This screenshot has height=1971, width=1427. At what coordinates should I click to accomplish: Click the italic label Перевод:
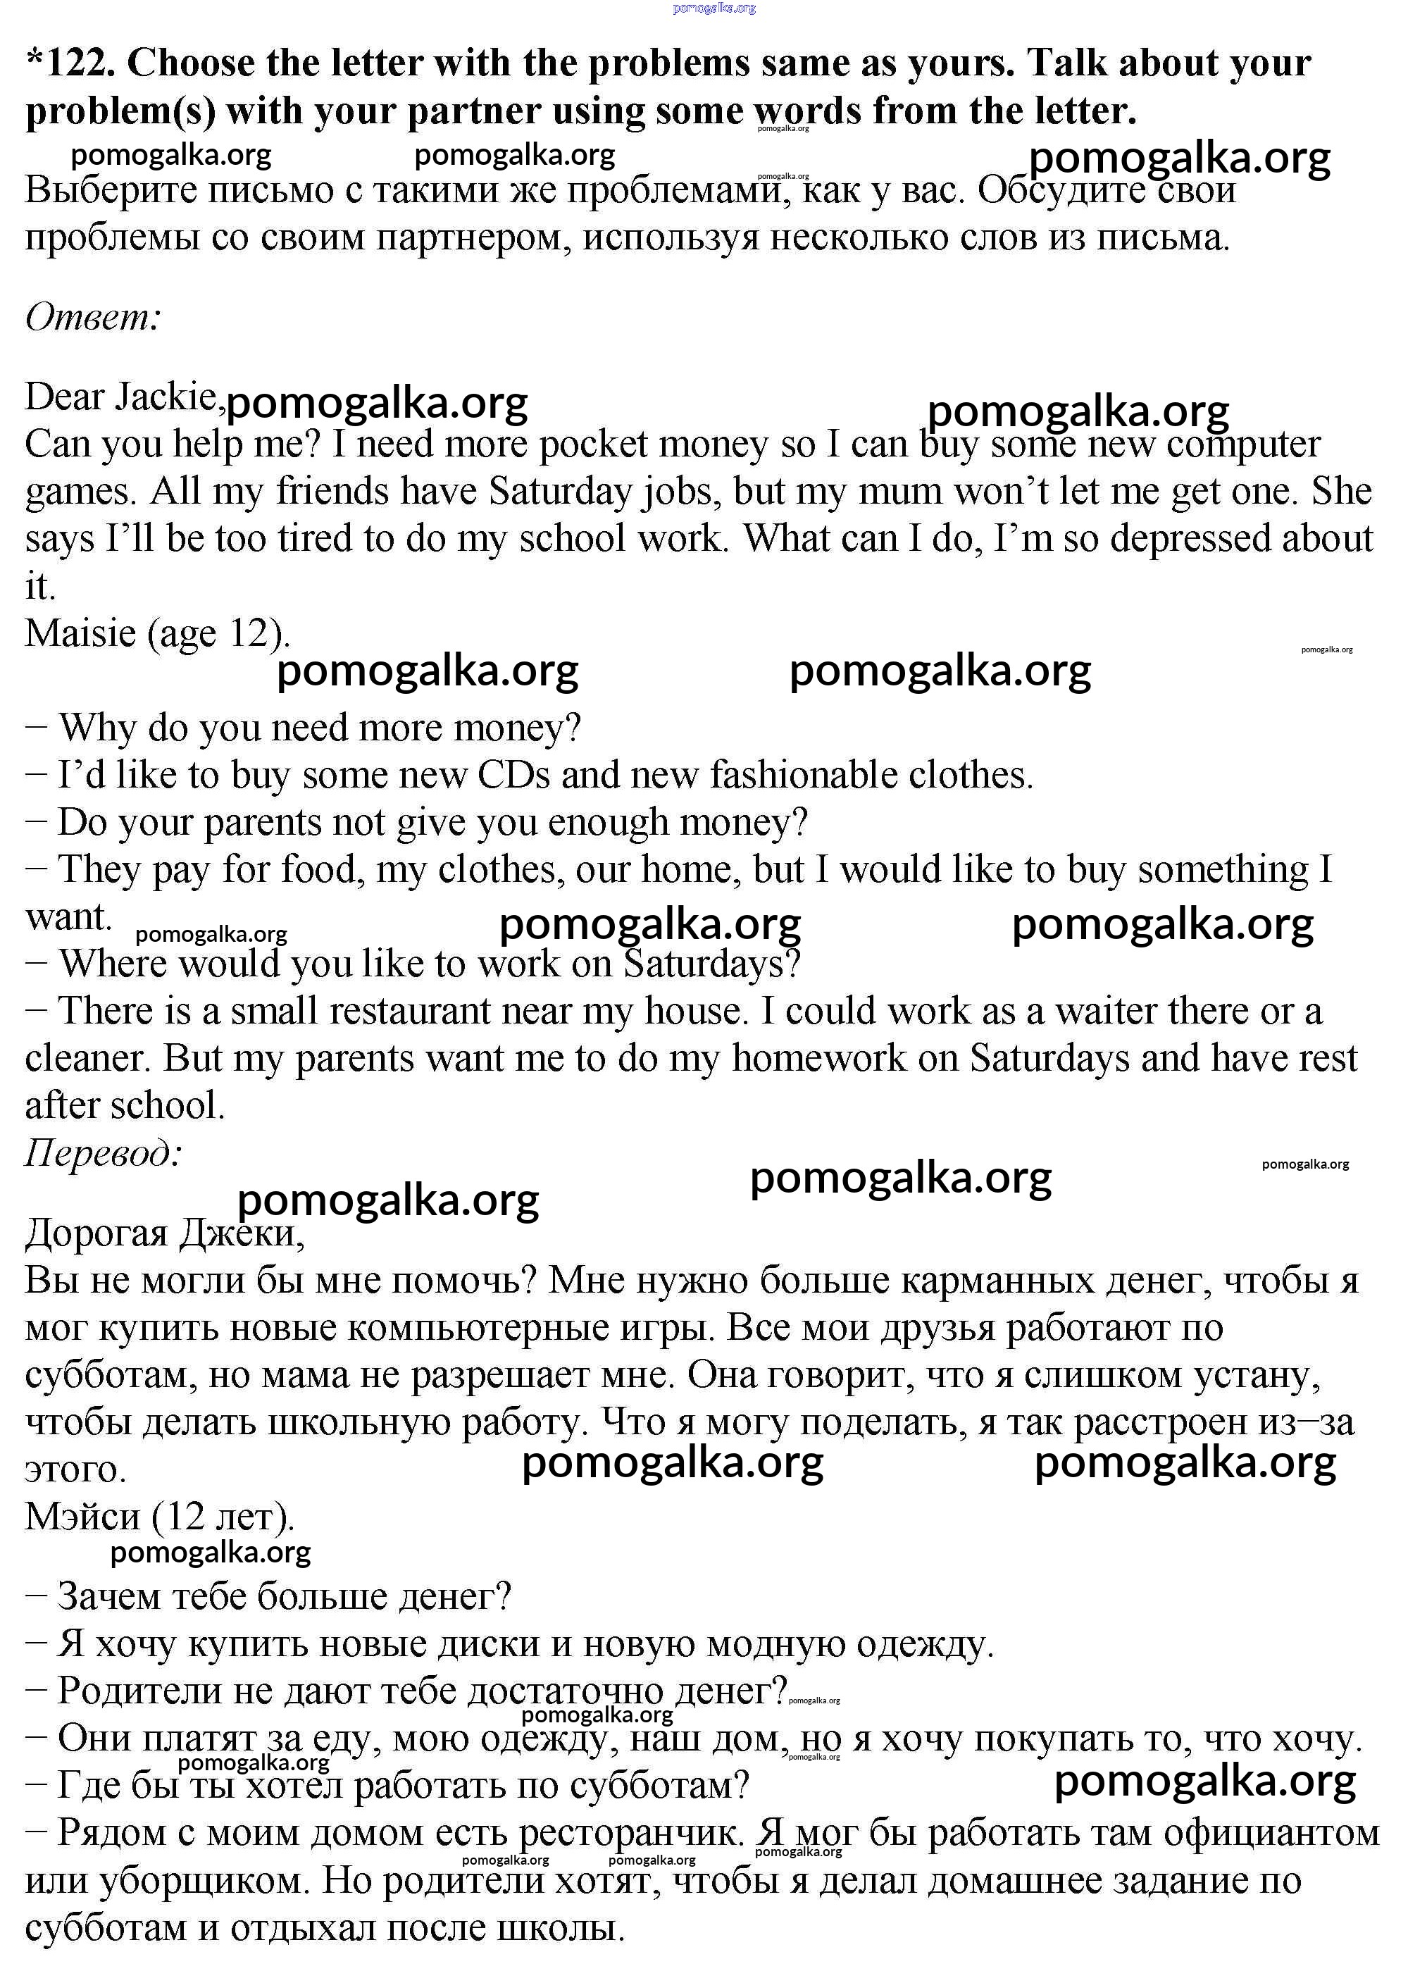pos(104,1153)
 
